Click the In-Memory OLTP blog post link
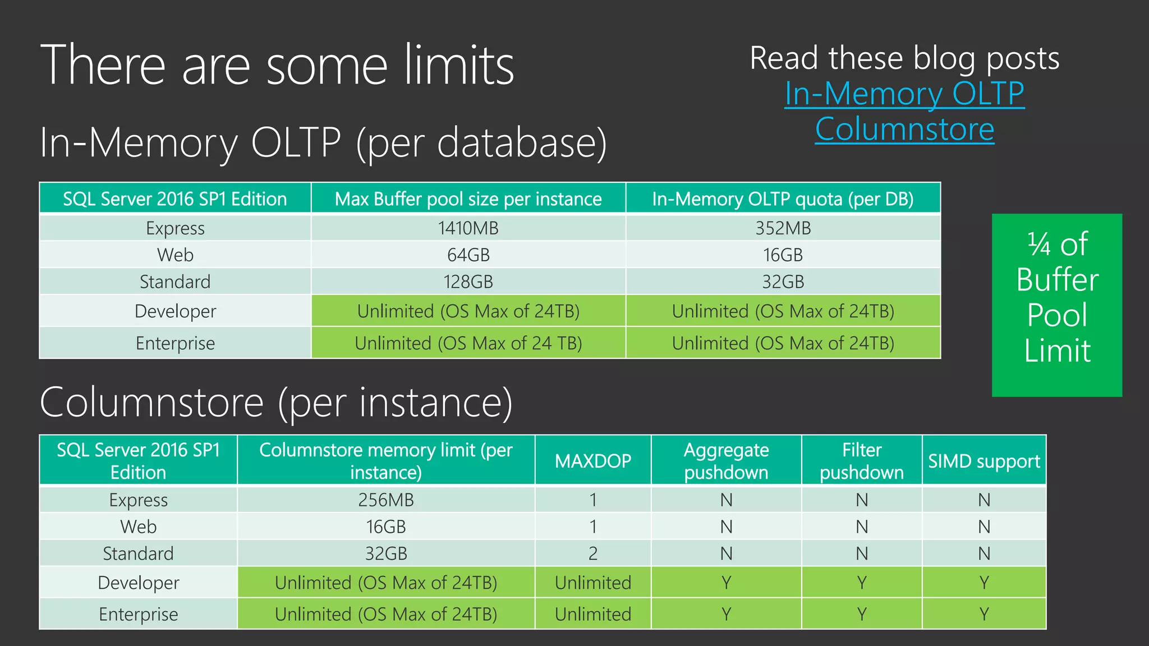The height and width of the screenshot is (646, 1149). (904, 94)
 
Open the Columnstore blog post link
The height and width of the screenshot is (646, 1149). (904, 130)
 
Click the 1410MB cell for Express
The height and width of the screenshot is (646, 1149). (468, 228)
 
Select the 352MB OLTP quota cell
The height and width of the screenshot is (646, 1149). (783, 228)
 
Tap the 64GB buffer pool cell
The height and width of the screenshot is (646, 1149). (468, 255)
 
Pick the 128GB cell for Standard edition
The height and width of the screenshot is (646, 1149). (468, 282)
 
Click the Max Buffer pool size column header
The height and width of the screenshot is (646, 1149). (468, 199)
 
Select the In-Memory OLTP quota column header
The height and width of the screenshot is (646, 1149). (783, 199)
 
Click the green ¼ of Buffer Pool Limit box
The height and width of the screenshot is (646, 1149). (1057, 305)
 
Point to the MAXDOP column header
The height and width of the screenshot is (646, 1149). (593, 461)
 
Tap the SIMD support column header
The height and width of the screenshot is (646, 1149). (984, 461)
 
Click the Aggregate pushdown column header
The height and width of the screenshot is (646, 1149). (726, 461)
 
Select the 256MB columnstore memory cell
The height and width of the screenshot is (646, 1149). (386, 500)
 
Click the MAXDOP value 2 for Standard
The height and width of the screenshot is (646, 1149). (593, 553)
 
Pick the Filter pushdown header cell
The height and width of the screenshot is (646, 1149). (862, 461)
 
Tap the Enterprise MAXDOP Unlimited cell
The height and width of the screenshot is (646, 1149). (593, 614)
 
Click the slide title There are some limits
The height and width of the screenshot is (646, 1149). (277, 66)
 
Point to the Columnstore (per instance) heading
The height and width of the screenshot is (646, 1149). (276, 403)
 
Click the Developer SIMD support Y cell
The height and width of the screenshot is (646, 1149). (984, 583)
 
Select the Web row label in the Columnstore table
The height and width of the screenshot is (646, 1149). (139, 527)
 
